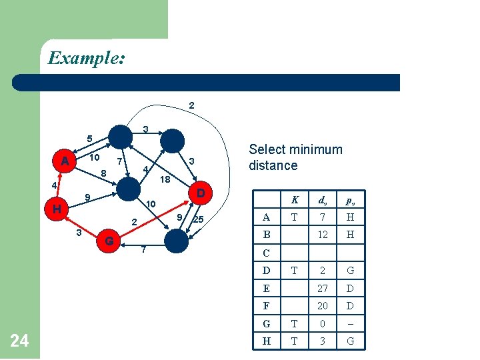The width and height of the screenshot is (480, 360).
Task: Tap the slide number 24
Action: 20,341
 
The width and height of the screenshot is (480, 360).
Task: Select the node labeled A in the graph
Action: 65,161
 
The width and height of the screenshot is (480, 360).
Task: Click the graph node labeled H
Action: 57,209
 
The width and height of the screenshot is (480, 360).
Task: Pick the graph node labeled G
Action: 109,240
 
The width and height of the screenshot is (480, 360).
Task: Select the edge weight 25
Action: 198,219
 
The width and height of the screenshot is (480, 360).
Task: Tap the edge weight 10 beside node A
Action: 95,157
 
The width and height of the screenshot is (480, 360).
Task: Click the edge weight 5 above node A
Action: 89,139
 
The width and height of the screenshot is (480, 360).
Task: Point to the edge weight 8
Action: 103,175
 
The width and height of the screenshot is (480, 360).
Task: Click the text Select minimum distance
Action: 295,157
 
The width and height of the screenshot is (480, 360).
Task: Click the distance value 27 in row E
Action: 323,289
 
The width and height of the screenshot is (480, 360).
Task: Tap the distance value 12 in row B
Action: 323,235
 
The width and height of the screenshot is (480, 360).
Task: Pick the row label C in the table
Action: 267,253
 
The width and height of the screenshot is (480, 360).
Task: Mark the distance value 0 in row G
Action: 323,324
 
